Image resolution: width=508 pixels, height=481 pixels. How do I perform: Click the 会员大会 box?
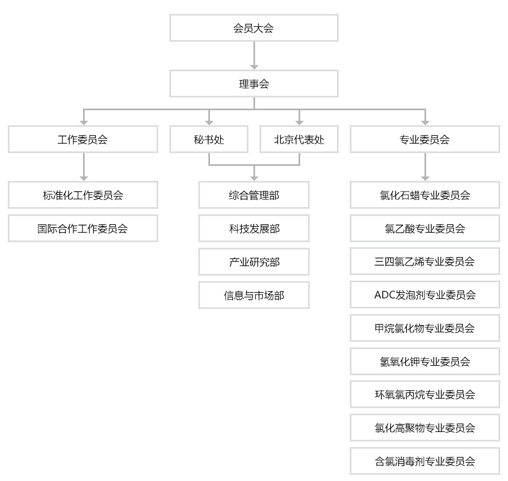(253, 28)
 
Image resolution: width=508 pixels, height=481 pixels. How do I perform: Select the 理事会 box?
(253, 84)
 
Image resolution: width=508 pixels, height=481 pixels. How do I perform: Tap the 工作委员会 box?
(83, 139)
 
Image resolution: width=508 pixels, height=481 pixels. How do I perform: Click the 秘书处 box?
(209, 139)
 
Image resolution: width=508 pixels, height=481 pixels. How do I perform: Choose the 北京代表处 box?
(299, 139)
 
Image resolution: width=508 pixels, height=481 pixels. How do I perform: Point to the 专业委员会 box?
(425, 139)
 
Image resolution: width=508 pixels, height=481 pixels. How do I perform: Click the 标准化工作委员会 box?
(83, 195)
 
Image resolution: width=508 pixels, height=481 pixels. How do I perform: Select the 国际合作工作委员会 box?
(83, 228)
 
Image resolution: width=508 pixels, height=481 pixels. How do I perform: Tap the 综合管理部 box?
(253, 195)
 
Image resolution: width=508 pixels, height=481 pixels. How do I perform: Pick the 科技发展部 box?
(253, 228)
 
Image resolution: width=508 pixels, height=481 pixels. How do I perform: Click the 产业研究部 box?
(253, 262)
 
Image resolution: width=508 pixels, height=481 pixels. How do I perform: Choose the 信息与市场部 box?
(253, 295)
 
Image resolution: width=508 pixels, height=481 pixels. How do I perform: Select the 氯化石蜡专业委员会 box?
(425, 195)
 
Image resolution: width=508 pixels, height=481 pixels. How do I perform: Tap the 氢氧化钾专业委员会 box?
(425, 361)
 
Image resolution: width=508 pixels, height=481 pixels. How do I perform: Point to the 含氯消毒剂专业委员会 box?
(425, 462)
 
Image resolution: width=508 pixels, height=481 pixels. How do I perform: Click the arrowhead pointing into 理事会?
(254, 67)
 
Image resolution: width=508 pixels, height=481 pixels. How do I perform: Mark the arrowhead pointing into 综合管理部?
(254, 178)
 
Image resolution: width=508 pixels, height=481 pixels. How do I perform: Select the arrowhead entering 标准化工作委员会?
(84, 178)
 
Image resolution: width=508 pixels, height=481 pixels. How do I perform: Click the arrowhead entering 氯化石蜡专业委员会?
(425, 178)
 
